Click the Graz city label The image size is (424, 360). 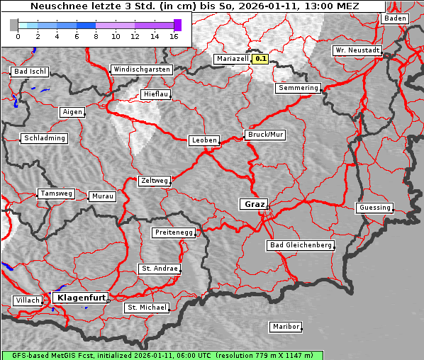coord(253,204)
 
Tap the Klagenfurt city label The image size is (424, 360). coord(81,298)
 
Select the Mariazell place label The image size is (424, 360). coord(233,59)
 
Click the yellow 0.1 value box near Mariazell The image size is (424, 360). coord(261,60)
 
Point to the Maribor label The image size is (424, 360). coord(286,327)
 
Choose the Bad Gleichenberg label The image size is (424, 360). coord(301,245)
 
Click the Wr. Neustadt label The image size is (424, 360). coord(357,51)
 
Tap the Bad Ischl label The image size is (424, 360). coord(30,72)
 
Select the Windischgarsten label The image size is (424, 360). coord(141,69)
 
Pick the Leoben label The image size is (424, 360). coord(204,140)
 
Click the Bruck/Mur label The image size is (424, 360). coord(264,134)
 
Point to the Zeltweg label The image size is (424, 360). coord(154,181)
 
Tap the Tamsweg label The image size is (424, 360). coord(55,193)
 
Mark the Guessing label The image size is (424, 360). coord(374,208)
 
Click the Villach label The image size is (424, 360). coord(27,300)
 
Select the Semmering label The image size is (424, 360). coord(299,88)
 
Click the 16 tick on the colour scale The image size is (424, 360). coord(174,35)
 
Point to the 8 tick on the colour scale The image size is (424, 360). coord(96,35)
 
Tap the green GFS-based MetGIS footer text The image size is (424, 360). coord(162,355)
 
